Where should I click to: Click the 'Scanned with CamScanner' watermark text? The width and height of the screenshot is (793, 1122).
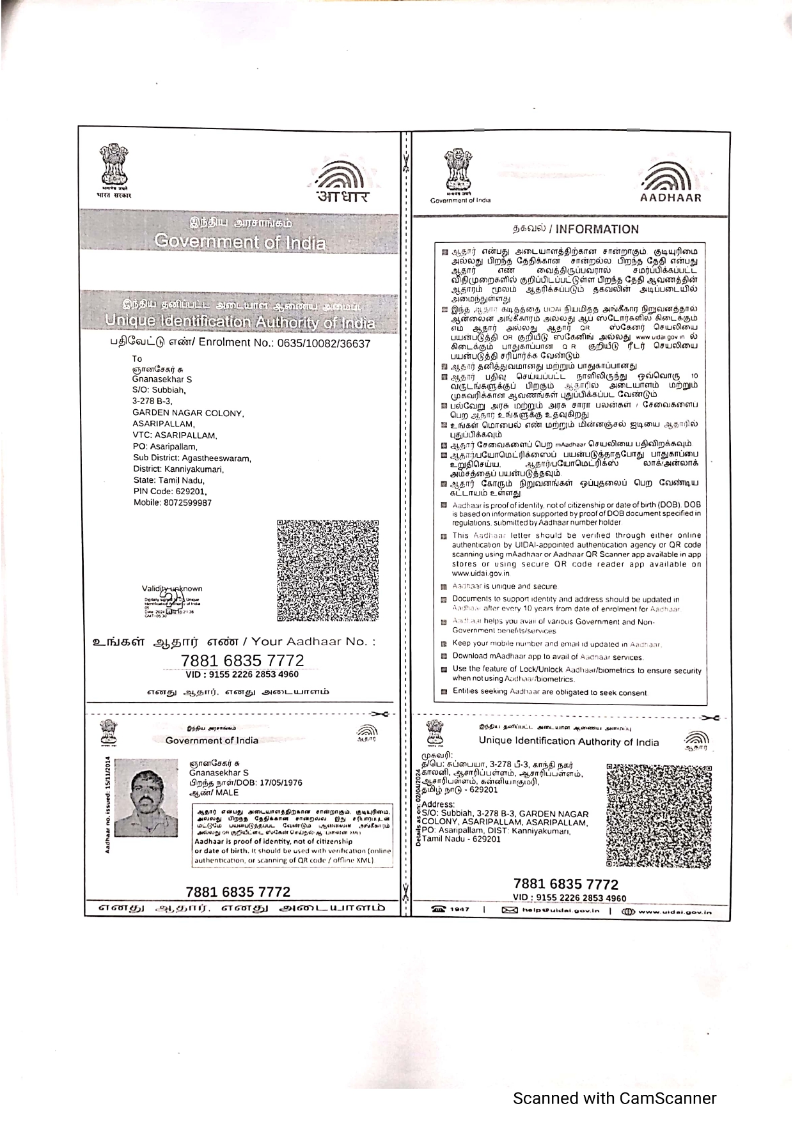tap(615, 1098)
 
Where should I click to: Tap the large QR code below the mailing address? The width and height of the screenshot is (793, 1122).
tap(327, 570)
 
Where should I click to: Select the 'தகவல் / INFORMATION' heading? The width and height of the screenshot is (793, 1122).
tap(575, 230)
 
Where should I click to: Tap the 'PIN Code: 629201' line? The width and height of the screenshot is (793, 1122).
tap(169, 492)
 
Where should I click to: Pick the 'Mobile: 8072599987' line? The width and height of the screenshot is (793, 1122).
tap(172, 503)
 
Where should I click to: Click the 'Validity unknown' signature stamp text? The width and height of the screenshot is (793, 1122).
tap(172, 589)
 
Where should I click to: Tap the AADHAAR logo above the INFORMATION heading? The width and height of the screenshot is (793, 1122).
tap(670, 182)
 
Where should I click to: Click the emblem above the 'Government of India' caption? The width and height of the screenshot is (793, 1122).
tap(459, 171)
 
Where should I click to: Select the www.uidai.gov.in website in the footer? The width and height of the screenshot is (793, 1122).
tap(674, 911)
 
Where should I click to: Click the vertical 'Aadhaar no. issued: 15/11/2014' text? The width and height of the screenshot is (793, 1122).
tap(107, 805)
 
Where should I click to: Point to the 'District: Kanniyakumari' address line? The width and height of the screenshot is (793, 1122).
tap(178, 469)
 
